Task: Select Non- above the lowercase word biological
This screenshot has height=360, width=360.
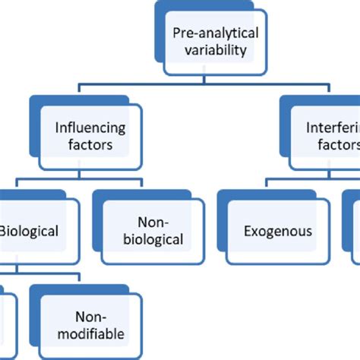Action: pyautogui.click(x=153, y=221)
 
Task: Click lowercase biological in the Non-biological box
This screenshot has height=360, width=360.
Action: pyautogui.click(x=153, y=239)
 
